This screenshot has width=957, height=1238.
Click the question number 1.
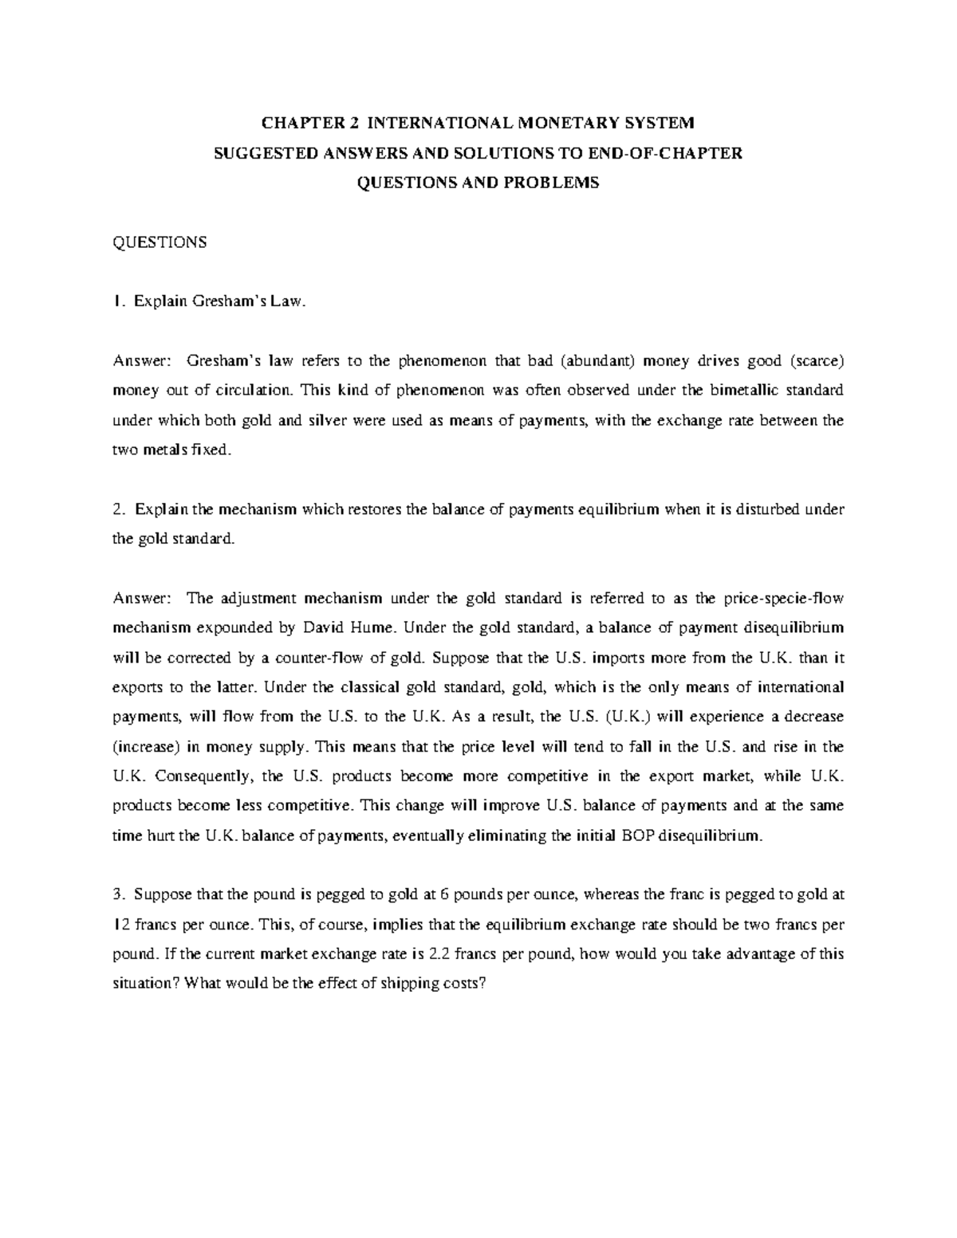[117, 301]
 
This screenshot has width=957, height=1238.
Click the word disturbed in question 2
[770, 509]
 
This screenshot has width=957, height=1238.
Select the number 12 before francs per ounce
[118, 924]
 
